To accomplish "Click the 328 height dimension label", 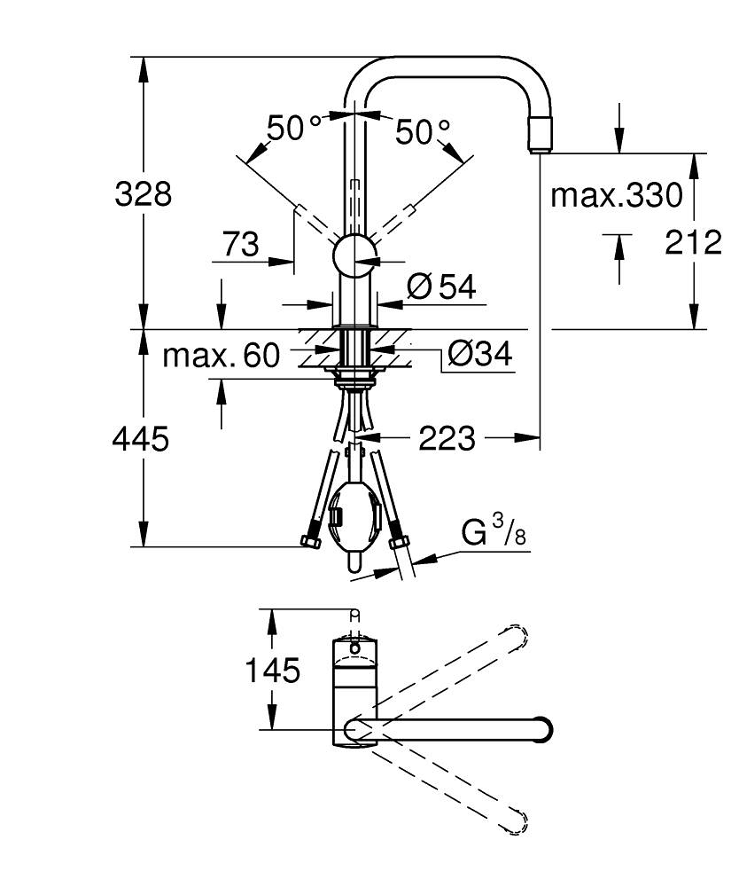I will click(x=143, y=193).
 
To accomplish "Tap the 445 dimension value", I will click(x=140, y=437).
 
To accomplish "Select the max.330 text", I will click(x=617, y=194).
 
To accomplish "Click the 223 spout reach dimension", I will click(x=447, y=437).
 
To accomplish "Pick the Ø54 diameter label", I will click(x=441, y=286).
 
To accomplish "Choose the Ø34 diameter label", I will click(x=479, y=354).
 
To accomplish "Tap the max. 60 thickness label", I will click(x=221, y=356).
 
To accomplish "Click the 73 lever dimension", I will click(x=240, y=244).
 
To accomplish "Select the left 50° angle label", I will click(x=294, y=130).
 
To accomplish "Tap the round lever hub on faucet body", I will click(x=354, y=259).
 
